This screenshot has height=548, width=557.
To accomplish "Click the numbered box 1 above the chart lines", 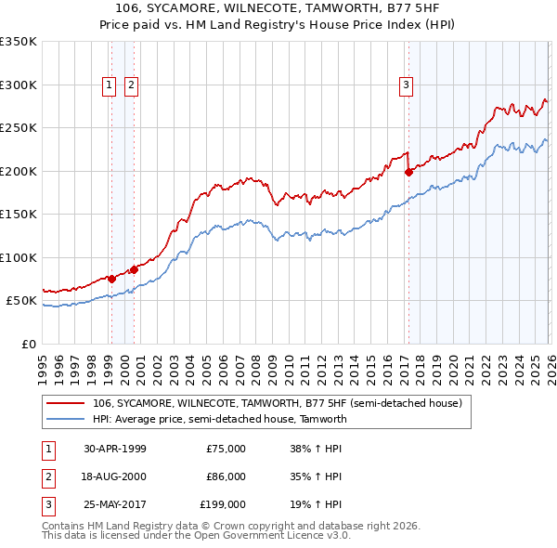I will pyautogui.click(x=110, y=85).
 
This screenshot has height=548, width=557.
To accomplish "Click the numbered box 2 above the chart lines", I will pyautogui.click(x=131, y=85).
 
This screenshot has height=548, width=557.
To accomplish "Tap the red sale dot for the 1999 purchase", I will pyautogui.click(x=111, y=279).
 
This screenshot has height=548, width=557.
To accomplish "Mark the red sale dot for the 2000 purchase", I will pyautogui.click(x=134, y=269).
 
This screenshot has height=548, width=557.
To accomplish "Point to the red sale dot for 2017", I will pyautogui.click(x=408, y=172).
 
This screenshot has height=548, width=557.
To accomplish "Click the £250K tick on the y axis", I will pyautogui.click(x=19, y=128).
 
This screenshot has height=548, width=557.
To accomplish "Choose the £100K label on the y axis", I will pyautogui.click(x=19, y=257).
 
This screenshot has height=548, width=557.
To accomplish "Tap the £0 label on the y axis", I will pyautogui.click(x=27, y=344).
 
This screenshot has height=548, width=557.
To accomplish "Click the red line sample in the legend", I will pyautogui.click(x=65, y=403).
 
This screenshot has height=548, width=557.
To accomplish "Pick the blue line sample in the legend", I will pyautogui.click(x=65, y=419).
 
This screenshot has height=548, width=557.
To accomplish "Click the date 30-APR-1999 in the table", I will pyautogui.click(x=114, y=449).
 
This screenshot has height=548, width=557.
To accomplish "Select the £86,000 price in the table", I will pyautogui.click(x=226, y=476).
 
